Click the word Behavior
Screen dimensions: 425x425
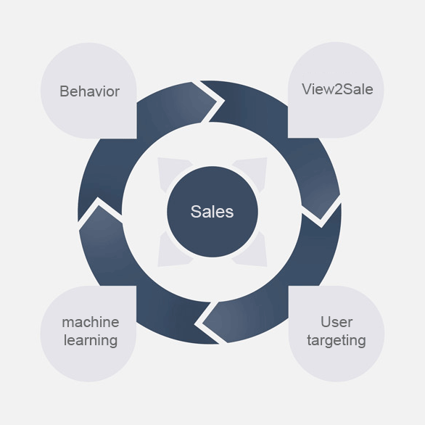pyautogui.click(x=89, y=91)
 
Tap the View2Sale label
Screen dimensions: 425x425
pyautogui.click(x=337, y=89)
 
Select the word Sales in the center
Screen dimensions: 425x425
pyautogui.click(x=212, y=212)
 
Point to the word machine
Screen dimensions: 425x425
pyautogui.click(x=91, y=322)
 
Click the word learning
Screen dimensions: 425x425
pyautogui.click(x=91, y=340)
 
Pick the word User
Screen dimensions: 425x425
pyautogui.click(x=337, y=322)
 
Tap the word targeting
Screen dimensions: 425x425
pyautogui.click(x=337, y=340)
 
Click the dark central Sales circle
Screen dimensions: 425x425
pyautogui.click(x=212, y=212)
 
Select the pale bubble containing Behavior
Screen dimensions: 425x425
pyautogui.click(x=88, y=91)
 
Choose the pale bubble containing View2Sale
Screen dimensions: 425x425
pyautogui.click(x=336, y=90)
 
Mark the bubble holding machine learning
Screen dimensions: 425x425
pyautogui.click(x=88, y=334)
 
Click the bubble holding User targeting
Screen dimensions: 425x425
pyautogui.click(x=337, y=334)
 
